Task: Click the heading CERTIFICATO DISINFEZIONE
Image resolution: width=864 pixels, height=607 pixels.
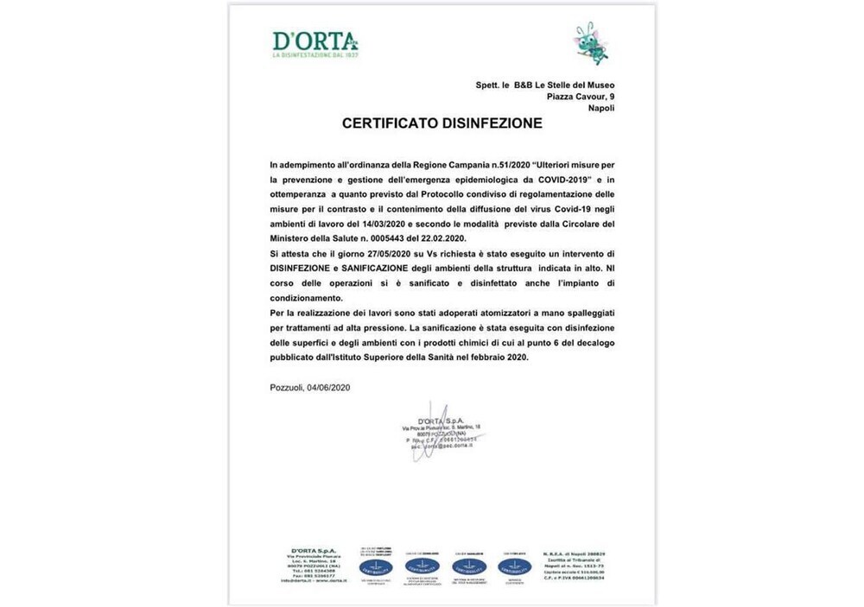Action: tap(442, 123)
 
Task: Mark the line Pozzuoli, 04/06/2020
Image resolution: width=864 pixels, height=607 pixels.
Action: tap(309, 388)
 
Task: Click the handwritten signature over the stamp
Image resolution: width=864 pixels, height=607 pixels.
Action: tap(437, 429)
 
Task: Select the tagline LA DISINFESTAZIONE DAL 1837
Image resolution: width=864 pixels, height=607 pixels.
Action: tap(314, 55)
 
